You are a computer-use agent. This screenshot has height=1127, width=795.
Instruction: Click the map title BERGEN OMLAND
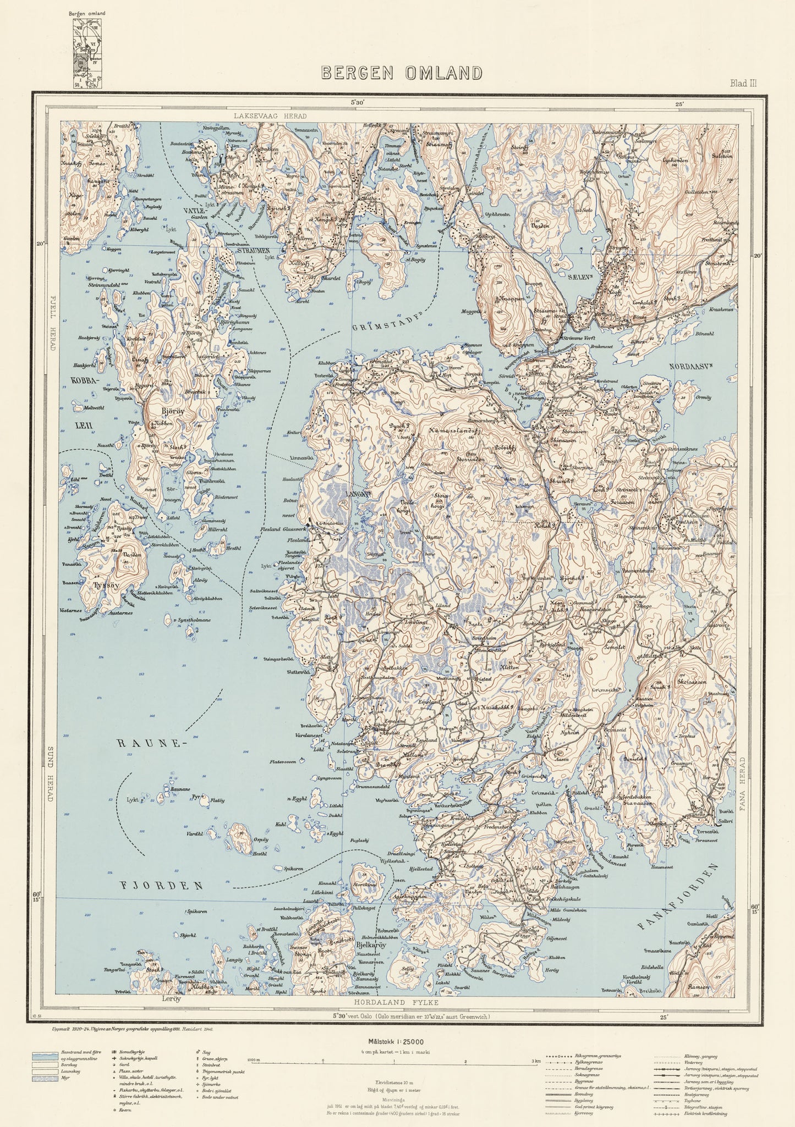pos(402,73)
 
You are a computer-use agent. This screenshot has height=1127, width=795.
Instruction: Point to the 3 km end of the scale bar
pos(531,1062)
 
